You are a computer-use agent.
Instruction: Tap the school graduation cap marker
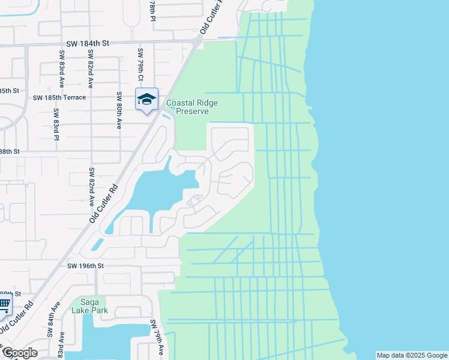tap(146, 100)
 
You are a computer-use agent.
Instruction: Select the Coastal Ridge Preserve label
tap(192, 107)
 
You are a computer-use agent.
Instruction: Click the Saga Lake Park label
tap(89, 306)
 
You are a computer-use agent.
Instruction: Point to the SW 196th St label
tap(85, 266)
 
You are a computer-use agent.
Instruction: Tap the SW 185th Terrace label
tap(59, 97)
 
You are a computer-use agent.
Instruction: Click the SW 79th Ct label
tap(140, 65)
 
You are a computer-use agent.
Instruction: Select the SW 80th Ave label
tap(119, 110)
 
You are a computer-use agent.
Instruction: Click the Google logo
tap(20, 353)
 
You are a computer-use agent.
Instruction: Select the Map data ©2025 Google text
tap(411, 355)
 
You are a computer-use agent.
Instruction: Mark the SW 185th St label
tap(10, 91)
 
